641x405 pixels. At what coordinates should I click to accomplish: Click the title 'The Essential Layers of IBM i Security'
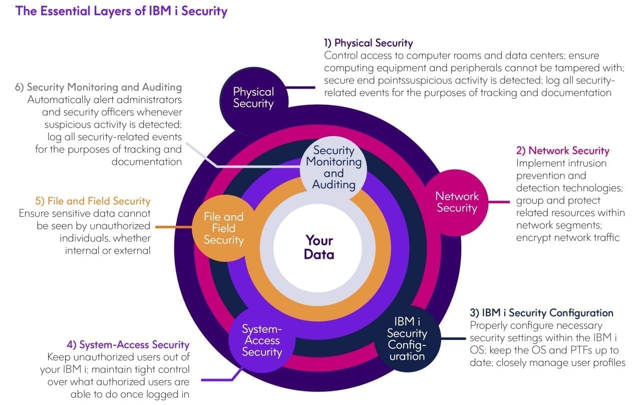pos(121,11)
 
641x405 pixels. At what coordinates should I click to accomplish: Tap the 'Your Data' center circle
pos(319,247)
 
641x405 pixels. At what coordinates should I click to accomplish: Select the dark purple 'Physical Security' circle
pos(253,98)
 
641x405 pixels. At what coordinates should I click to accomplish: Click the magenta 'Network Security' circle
pos(457,202)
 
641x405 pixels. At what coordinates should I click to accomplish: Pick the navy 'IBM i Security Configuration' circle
pos(407,339)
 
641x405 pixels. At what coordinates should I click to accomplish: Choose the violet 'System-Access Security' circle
pos(262,340)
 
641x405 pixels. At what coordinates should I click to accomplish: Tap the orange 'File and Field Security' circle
pos(223,228)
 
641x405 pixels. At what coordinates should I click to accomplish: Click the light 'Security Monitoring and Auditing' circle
pos(334,167)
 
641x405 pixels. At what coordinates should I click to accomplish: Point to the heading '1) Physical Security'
pos(369,43)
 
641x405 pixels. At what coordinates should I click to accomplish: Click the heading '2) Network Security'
pos(562,151)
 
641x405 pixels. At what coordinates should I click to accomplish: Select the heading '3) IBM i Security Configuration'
pos(541,313)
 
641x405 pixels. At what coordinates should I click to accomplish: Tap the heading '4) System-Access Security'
pos(128,344)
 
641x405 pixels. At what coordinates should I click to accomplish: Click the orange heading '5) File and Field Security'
pos(93,201)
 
